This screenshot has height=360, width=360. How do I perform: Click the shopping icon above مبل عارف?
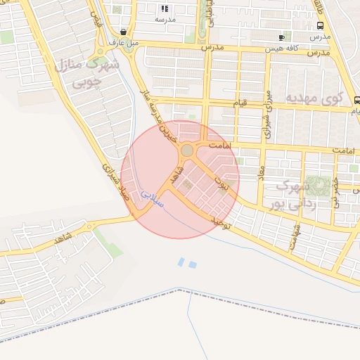[124, 32]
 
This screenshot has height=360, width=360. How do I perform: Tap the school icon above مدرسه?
[165, 9]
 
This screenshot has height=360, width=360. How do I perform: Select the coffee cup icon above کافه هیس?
[281, 37]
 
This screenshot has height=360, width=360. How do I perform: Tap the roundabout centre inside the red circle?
[187, 150]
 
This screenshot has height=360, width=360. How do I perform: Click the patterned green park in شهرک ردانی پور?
[319, 186]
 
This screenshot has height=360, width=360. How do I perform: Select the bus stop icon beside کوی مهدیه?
[357, 100]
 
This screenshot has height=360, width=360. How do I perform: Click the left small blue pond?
[181, 262]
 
